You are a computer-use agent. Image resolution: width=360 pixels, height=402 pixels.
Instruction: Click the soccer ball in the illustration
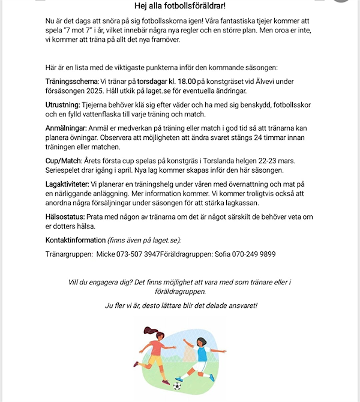tap(177, 386)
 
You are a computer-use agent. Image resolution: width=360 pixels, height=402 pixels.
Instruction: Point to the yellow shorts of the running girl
tap(155, 360)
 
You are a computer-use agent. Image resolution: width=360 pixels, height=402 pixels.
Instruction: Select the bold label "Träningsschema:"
tap(72, 81)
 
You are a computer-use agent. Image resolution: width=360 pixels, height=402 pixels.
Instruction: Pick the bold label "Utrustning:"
tap(63, 104)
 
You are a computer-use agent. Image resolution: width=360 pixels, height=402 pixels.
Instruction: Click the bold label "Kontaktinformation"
tap(76, 240)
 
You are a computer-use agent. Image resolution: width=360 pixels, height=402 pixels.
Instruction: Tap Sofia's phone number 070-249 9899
tap(254, 254)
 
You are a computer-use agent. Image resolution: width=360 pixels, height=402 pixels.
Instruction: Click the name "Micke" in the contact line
tap(107, 254)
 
